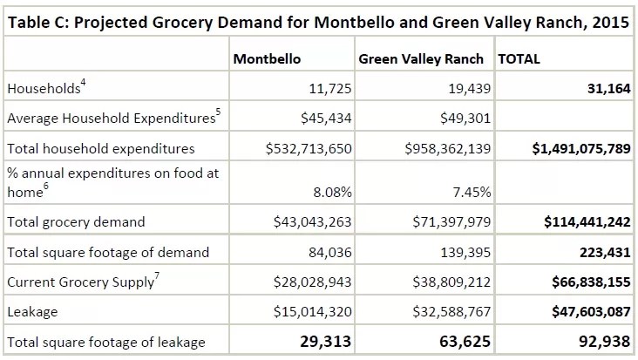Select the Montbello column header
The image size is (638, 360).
pyautogui.click(x=267, y=59)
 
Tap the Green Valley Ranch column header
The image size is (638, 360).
pyautogui.click(x=422, y=59)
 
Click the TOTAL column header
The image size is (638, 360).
pyautogui.click(x=519, y=59)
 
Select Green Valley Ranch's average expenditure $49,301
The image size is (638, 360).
pyautogui.click(x=459, y=118)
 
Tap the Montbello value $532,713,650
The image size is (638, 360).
pyautogui.click(x=309, y=148)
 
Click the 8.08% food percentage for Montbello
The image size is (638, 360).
pyautogui.click(x=332, y=192)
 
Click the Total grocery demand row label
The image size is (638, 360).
pyautogui.click(x=76, y=222)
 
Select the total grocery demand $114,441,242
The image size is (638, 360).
pyautogui.click(x=587, y=222)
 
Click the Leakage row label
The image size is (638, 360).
pyautogui.click(x=32, y=312)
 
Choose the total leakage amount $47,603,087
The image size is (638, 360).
pyautogui.click(x=587, y=312)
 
